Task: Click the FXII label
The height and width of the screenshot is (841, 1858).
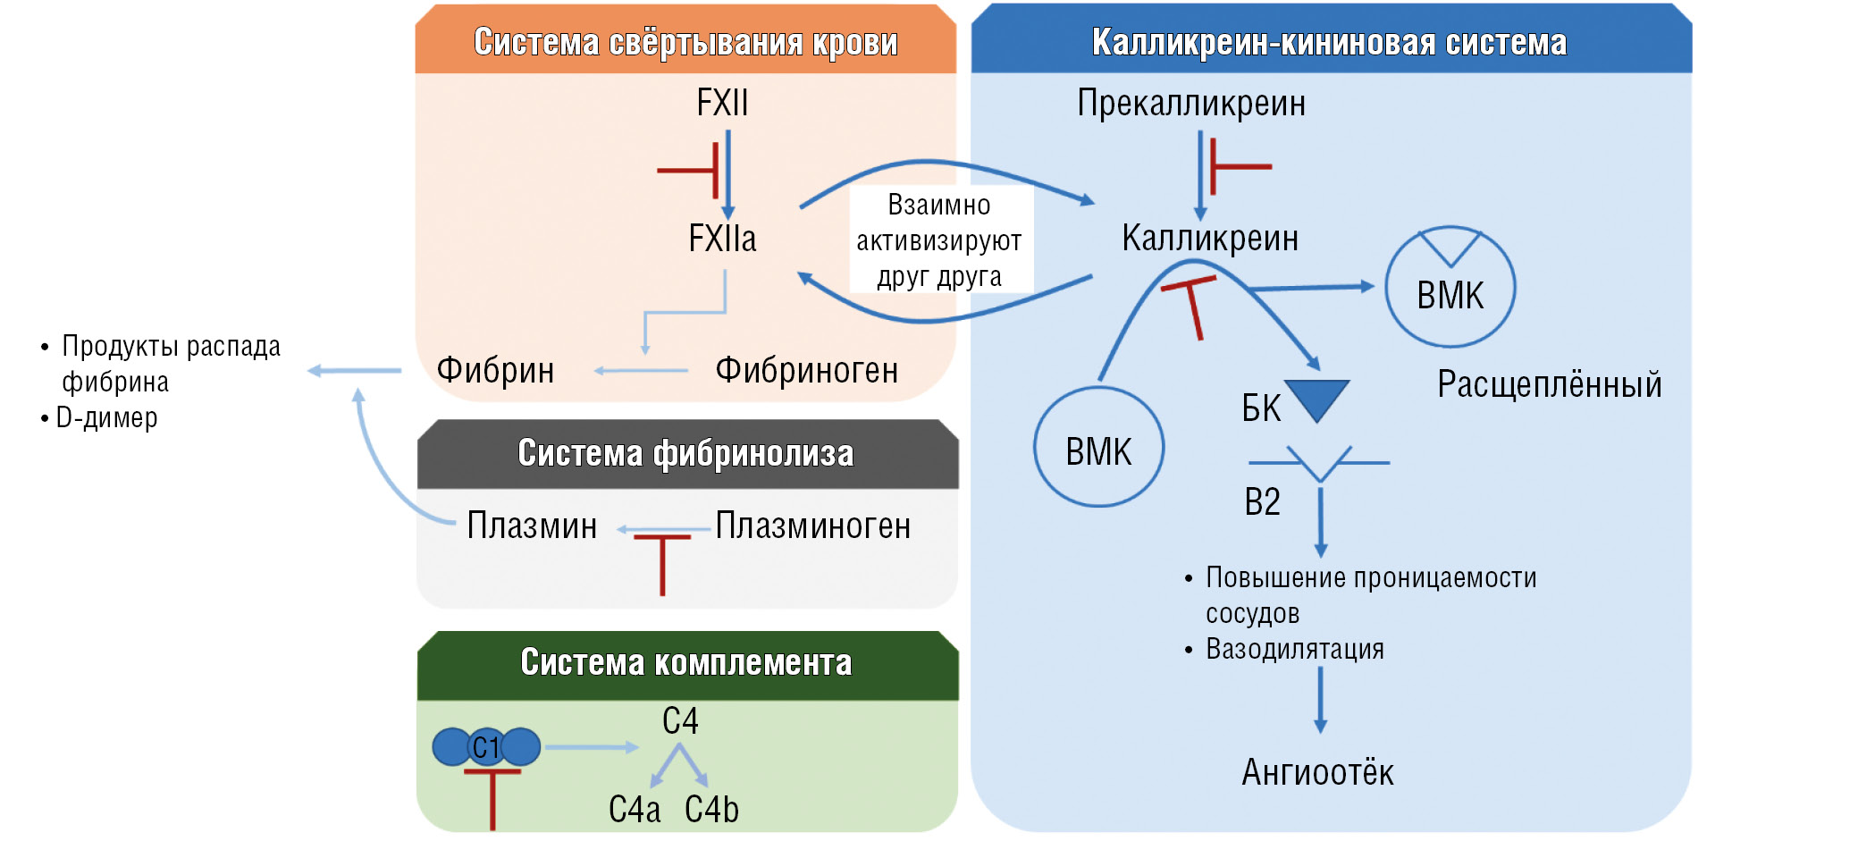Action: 722,104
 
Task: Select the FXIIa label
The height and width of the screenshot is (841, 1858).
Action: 722,239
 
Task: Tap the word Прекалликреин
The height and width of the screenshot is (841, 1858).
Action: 1191,104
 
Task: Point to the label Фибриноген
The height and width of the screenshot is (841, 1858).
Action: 806,371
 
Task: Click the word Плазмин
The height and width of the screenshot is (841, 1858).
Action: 532,526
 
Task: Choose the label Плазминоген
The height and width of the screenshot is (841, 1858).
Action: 813,526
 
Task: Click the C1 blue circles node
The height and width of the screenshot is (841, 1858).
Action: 486,747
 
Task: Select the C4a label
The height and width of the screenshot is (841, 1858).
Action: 635,810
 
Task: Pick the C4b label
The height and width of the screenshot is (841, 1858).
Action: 711,810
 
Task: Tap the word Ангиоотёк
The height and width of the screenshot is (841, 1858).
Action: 1317,772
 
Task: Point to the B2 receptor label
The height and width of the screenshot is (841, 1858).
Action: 1262,502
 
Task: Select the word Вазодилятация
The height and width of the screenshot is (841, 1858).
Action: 1295,649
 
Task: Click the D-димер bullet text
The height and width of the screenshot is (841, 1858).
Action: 106,417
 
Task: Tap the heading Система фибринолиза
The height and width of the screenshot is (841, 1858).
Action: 685,453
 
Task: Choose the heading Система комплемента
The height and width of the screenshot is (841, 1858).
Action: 685,662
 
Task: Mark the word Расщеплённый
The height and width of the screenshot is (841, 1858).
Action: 1549,385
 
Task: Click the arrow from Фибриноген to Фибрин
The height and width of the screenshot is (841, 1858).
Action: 640,371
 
